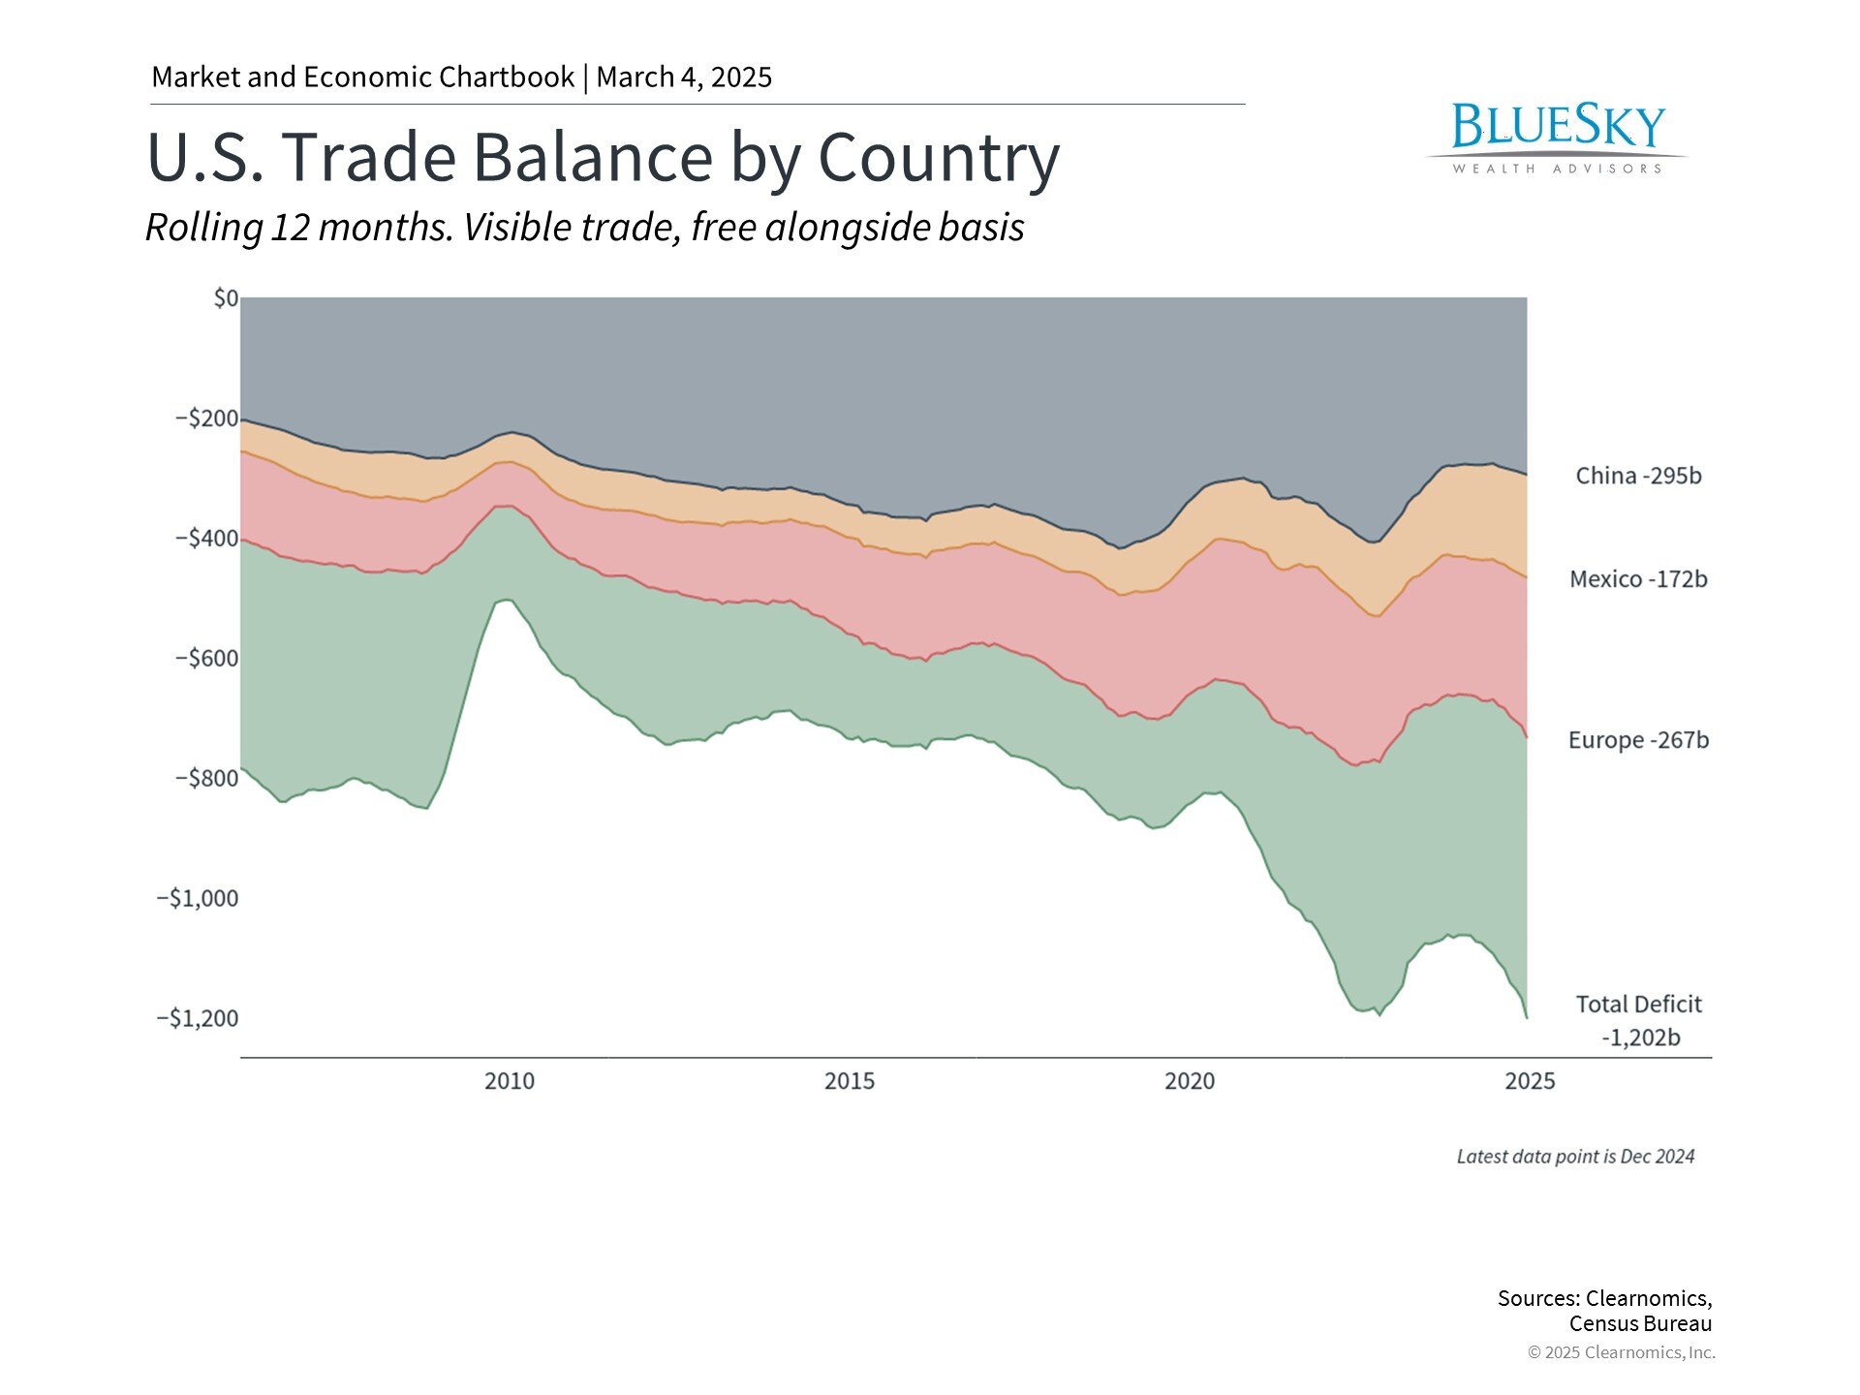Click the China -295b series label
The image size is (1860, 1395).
[1638, 476]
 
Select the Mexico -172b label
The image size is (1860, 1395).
[1638, 579]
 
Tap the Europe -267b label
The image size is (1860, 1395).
[1638, 740]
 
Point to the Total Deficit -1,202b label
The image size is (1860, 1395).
[1639, 1020]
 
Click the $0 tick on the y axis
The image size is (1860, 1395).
[226, 298]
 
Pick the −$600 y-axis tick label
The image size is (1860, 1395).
[206, 659]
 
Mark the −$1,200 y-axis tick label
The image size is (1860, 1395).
[198, 1018]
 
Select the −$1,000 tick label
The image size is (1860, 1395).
[198, 898]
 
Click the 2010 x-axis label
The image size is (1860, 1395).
[510, 1081]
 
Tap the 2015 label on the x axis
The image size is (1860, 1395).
[850, 1081]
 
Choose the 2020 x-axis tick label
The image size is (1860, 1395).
[1190, 1081]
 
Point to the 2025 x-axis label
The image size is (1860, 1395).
[1530, 1081]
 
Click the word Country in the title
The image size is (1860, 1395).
[939, 157]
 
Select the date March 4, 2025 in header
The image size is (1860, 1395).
[684, 77]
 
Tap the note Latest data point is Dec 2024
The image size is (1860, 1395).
[1575, 1157]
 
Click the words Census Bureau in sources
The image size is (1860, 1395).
[1640, 1324]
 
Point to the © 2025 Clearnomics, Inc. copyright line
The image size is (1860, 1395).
[1621, 1352]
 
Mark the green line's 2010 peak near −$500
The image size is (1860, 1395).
[505, 601]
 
